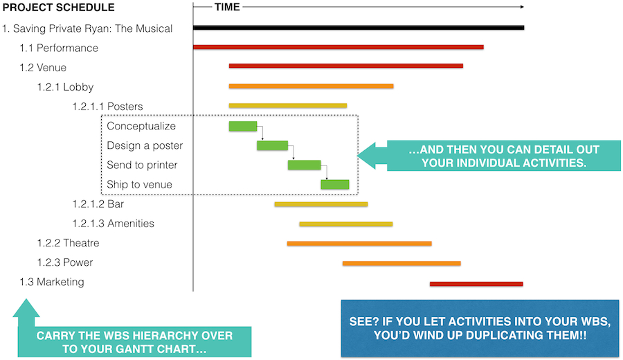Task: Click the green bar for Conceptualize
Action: [x=243, y=127]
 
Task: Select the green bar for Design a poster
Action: [x=272, y=145]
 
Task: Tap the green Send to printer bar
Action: [x=305, y=165]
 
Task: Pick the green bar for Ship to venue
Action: [x=335, y=184]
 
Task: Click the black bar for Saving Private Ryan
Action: [x=359, y=28]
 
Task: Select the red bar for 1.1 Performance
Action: [x=338, y=47]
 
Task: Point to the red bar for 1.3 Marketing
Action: [x=476, y=284]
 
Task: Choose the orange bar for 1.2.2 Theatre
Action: [x=359, y=244]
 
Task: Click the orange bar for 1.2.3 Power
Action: [x=401, y=264]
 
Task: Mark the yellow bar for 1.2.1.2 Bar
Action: [x=321, y=205]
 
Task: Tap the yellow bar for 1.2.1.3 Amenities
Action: [x=346, y=224]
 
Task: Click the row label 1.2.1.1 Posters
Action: [x=107, y=107]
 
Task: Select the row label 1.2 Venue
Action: [x=43, y=68]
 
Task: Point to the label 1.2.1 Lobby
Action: [x=65, y=87]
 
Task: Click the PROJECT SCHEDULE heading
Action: [x=59, y=8]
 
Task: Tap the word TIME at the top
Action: [x=227, y=7]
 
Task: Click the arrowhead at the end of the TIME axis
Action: [x=522, y=7]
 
